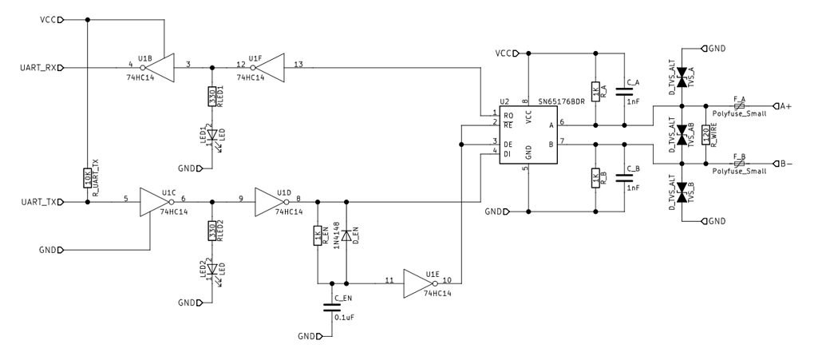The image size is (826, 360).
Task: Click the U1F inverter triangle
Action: [270, 68]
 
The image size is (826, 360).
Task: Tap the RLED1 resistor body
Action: [211, 96]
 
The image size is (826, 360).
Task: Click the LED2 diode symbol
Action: [211, 269]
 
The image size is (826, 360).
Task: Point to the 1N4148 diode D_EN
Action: [346, 235]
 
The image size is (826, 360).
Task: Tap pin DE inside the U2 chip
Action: [508, 144]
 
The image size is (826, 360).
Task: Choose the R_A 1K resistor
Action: [595, 89]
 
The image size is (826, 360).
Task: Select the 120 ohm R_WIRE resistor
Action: [705, 135]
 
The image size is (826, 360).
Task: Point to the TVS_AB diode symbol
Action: [682, 135]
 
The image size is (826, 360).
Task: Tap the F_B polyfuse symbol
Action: [739, 164]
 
